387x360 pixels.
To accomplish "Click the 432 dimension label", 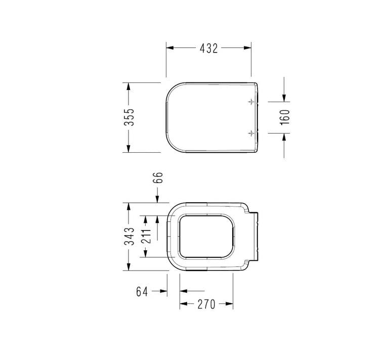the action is (x=209, y=49).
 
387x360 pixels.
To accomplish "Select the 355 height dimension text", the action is (x=129, y=117).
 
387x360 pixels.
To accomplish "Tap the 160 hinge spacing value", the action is (x=285, y=117).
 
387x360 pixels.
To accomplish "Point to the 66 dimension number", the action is (x=158, y=177).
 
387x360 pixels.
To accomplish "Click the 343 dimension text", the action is (x=129, y=237).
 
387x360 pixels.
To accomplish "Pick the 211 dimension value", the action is (x=146, y=237).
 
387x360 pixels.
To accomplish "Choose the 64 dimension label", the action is (x=142, y=291).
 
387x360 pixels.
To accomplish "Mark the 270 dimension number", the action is (x=206, y=304).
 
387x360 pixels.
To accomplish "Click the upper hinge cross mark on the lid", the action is (x=251, y=102).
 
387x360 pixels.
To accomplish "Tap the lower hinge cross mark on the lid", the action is (x=251, y=133).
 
